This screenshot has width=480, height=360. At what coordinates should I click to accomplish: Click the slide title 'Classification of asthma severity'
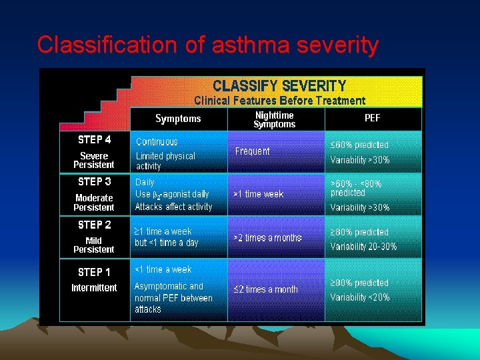click(207, 45)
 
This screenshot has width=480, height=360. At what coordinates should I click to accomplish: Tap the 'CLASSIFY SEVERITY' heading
click(279, 86)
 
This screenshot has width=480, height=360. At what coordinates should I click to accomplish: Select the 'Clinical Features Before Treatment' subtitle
click(279, 101)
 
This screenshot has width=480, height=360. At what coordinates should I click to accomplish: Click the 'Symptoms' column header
click(178, 119)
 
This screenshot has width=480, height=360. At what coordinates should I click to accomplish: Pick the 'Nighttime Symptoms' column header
click(274, 119)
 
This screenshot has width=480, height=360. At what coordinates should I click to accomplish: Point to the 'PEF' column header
click(373, 118)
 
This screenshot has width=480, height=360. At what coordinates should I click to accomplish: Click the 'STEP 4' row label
click(94, 140)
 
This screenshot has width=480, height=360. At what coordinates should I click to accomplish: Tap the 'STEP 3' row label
click(94, 181)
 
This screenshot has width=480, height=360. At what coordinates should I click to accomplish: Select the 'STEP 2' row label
click(94, 225)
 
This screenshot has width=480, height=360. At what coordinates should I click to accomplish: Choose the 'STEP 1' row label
click(94, 272)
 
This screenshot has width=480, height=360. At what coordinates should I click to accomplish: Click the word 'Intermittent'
click(94, 288)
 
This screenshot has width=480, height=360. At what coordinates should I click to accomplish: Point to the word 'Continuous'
click(157, 142)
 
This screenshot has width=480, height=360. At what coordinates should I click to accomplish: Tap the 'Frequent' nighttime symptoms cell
click(253, 151)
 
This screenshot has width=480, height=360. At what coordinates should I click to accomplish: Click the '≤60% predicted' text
click(359, 145)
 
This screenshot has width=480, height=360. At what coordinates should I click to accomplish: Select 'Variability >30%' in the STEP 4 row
click(360, 160)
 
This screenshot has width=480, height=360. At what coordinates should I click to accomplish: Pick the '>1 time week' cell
click(258, 194)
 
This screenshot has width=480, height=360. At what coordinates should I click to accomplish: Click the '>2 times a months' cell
click(267, 237)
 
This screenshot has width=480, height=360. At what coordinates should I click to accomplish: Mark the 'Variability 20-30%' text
click(363, 247)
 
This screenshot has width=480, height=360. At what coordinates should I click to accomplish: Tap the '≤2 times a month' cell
click(265, 289)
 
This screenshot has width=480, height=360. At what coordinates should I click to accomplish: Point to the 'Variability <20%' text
click(360, 297)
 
